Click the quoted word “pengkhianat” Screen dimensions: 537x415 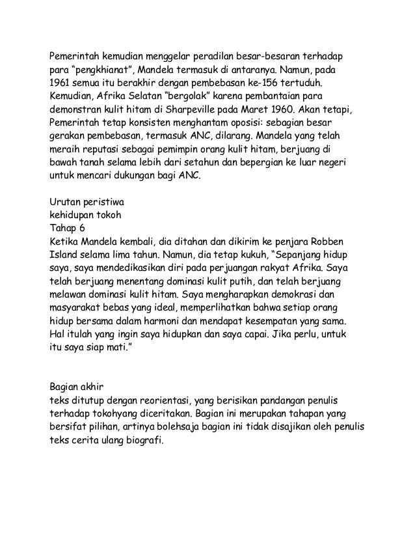(105, 70)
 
